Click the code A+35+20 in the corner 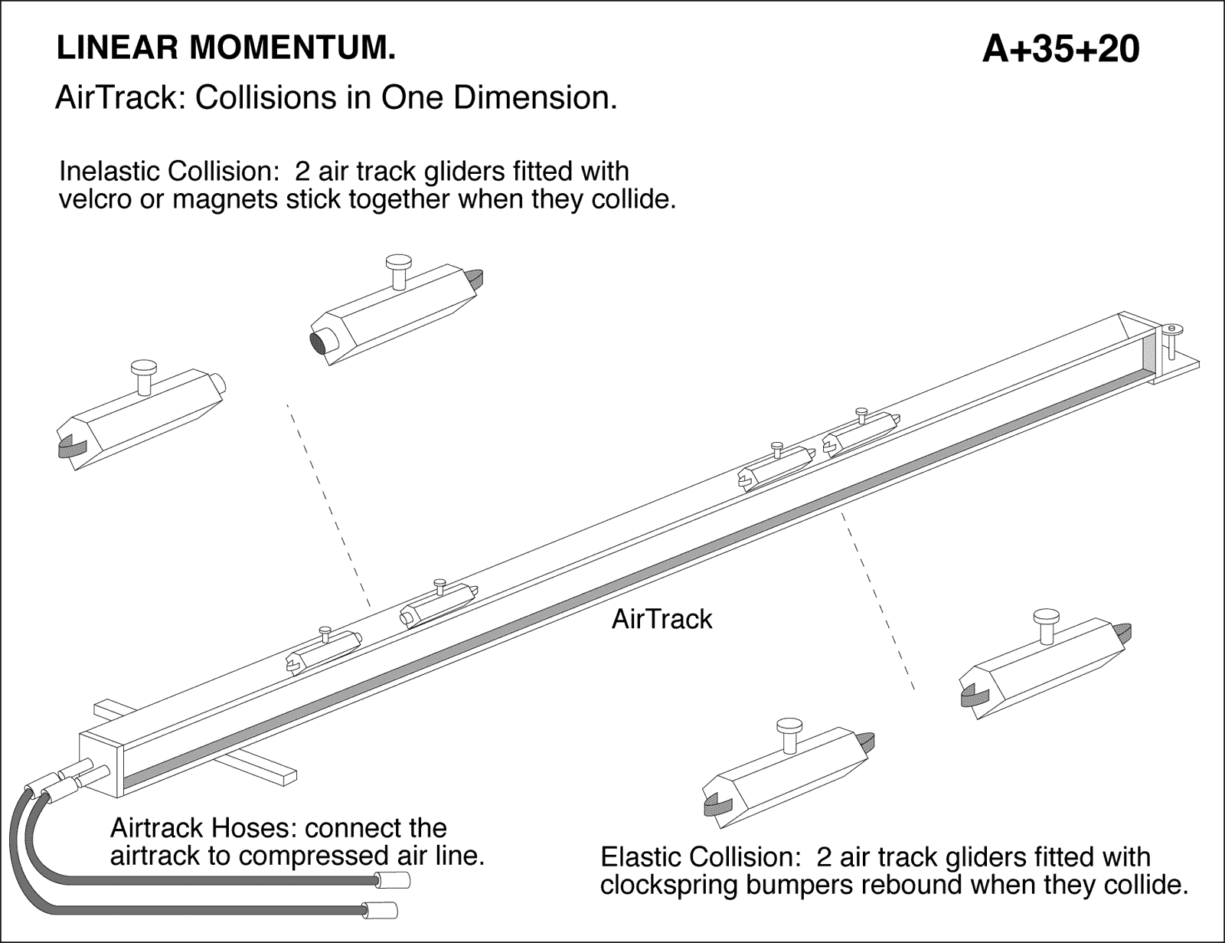pyautogui.click(x=1060, y=50)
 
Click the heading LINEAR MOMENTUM pyautogui.click(x=226, y=48)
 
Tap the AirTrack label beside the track pyautogui.click(x=661, y=619)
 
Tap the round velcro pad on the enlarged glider pyautogui.click(x=319, y=342)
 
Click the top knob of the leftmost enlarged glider pyautogui.click(x=142, y=368)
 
